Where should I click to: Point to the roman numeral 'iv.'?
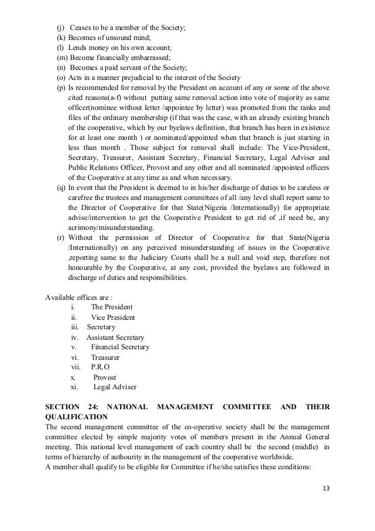pos(75,337)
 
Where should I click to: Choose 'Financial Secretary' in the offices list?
pos(120,347)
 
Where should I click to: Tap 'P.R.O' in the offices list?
pos(101,367)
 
